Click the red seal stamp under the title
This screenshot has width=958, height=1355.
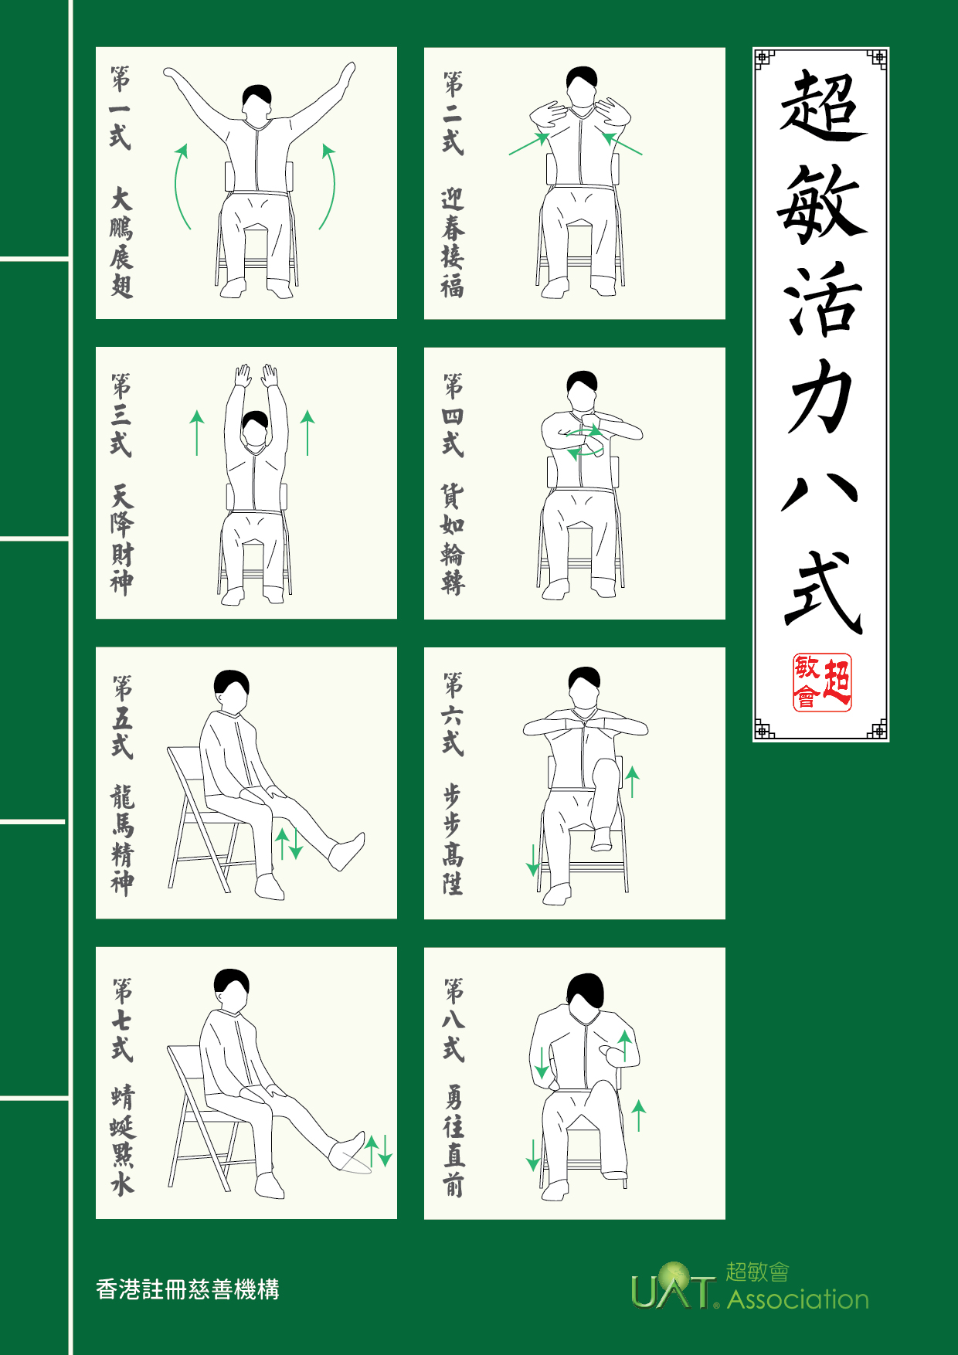coord(822,682)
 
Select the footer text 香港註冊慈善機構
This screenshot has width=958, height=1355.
coord(188,1289)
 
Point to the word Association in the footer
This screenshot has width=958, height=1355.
coord(798,1299)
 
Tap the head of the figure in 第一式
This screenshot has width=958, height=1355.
coord(256,102)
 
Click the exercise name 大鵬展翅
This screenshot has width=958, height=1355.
coord(121,242)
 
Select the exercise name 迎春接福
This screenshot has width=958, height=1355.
coord(453,243)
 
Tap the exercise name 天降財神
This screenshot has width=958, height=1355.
coord(121,540)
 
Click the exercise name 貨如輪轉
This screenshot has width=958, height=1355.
coord(453,540)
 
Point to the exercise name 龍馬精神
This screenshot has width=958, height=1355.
coord(122,840)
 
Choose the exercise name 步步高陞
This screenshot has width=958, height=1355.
coord(453,840)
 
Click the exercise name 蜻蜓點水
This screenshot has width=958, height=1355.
coord(122,1140)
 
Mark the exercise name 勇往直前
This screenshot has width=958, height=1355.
coord(454,1140)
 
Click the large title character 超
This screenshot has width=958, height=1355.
coord(822,106)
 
